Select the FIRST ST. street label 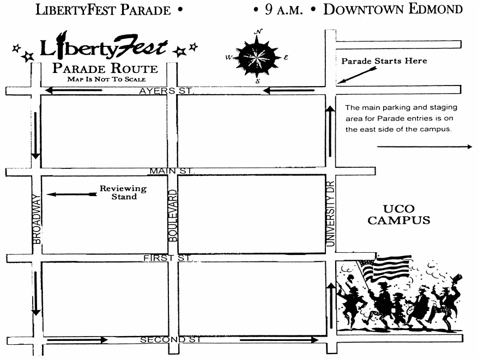[x=168, y=258]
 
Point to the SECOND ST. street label [x=171, y=340]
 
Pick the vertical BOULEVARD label [x=173, y=216]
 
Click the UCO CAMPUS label [x=398, y=215]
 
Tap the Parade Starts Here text [x=384, y=61]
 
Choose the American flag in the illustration [x=388, y=267]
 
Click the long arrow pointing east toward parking [x=425, y=147]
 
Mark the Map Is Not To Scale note [x=106, y=80]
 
